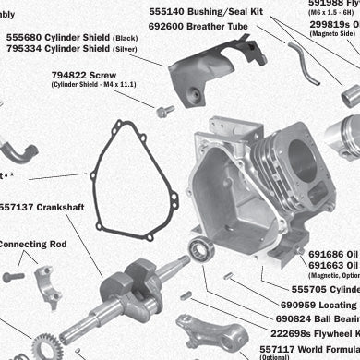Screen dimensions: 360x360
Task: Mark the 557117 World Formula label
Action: [310, 348]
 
